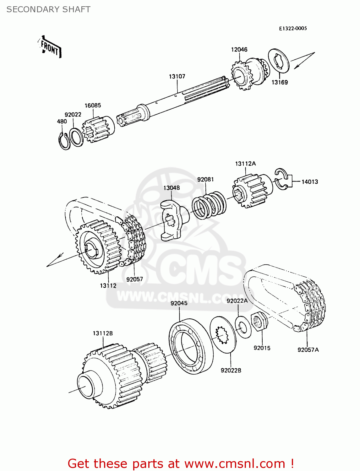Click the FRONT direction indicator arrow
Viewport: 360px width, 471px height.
50,47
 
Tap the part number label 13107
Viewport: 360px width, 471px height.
177,76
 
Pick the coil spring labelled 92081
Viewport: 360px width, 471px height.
209,206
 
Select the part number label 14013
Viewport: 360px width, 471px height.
309,182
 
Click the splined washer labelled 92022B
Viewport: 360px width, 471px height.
224,335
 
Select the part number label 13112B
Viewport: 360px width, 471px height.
102,333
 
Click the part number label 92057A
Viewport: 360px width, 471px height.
308,350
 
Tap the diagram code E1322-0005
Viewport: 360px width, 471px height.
293,28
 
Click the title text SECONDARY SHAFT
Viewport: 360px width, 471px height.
48,10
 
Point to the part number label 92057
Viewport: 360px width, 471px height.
134,279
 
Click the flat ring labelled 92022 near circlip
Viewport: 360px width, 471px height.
76,137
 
